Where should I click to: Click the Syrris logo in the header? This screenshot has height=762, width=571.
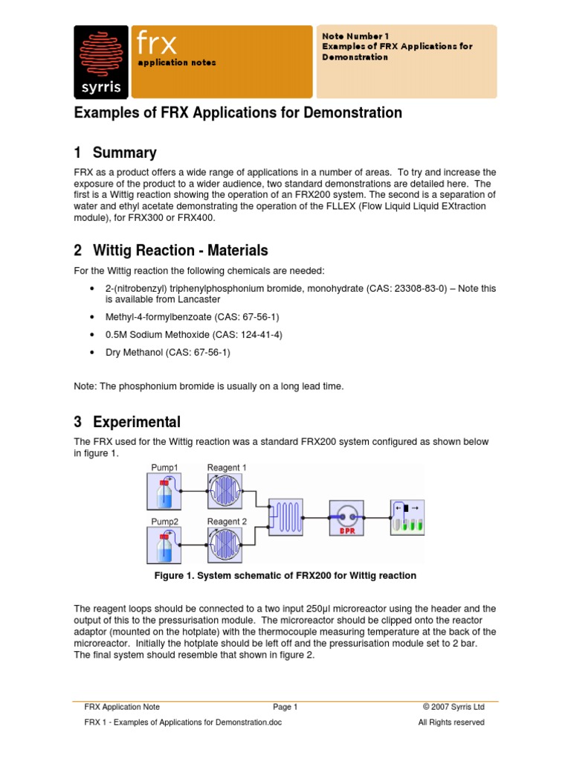tap(102, 62)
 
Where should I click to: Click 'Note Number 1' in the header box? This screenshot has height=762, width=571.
tap(355, 36)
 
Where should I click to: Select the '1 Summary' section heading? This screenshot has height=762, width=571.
tap(115, 153)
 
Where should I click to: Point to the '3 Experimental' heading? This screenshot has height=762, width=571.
tap(127, 422)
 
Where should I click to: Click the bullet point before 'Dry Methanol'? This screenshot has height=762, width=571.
tap(91, 353)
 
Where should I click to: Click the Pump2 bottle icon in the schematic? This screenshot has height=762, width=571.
tap(164, 545)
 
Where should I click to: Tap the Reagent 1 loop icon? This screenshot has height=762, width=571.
tap(226, 492)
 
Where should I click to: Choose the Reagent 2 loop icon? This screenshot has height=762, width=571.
tap(226, 545)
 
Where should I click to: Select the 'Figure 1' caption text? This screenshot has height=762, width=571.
tap(285, 576)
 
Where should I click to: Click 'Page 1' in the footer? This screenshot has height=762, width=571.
tap(285, 707)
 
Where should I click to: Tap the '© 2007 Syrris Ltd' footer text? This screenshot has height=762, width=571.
tap(453, 707)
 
